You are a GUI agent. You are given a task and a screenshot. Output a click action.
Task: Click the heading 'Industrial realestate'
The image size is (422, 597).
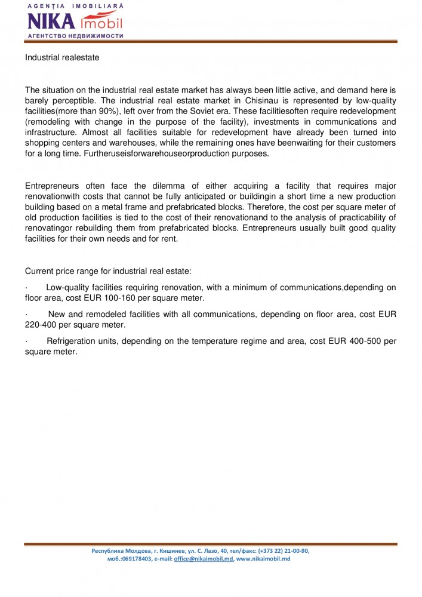click(x=62, y=58)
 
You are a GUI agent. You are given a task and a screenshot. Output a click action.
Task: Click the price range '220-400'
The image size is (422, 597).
click(x=41, y=325)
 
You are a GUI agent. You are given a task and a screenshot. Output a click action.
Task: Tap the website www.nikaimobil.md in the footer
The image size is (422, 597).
click(x=263, y=559)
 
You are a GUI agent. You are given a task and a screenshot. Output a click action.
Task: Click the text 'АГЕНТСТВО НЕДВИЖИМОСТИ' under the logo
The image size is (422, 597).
click(x=75, y=36)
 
